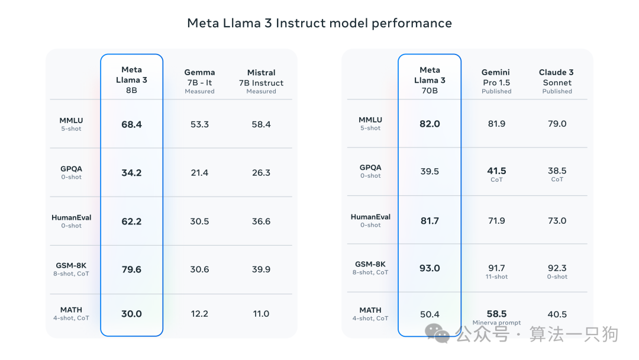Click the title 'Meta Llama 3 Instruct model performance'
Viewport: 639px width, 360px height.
pos(319,23)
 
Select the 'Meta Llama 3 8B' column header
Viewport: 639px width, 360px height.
pos(131,80)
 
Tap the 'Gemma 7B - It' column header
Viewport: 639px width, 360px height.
pos(199,81)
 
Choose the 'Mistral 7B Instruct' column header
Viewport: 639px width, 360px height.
pos(261,81)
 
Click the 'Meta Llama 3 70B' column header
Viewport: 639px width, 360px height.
pos(430,80)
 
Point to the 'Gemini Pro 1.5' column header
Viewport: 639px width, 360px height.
pos(496,81)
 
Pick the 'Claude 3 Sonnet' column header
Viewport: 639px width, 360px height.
pos(557,81)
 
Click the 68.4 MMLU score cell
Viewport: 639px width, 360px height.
pos(131,124)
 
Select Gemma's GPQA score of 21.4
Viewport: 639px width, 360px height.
pos(199,173)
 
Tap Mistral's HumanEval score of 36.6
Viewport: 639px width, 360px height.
pos(261,221)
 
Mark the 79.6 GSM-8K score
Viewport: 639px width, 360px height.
pos(131,269)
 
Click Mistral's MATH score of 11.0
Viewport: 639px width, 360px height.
pos(261,314)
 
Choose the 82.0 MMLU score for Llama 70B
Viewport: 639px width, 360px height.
pos(430,124)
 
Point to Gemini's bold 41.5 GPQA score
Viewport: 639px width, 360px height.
pos(496,171)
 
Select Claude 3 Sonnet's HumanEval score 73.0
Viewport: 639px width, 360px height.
pos(557,221)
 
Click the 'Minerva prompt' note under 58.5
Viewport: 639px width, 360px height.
pos(496,323)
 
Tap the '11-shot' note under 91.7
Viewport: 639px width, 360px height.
pos(496,277)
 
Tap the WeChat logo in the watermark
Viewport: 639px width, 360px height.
pos(442,335)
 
